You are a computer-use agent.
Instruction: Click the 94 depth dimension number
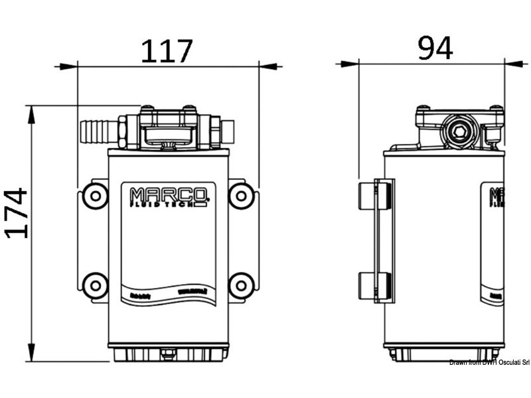(435, 48)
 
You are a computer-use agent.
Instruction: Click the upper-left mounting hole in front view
(95, 195)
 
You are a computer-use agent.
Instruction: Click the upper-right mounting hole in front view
(241, 195)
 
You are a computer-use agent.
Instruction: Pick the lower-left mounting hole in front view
(95, 286)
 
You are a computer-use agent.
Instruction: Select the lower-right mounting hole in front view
(241, 286)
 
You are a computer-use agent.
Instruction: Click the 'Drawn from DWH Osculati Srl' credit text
(489, 362)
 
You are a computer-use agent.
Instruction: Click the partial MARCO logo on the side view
(496, 198)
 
